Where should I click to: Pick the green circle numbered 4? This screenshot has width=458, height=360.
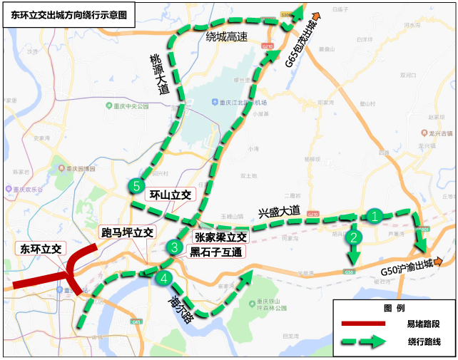[165, 278]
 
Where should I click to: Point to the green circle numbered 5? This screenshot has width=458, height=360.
[137, 186]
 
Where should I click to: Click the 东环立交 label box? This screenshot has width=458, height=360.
[39, 250]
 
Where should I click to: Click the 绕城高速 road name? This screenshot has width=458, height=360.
[226, 36]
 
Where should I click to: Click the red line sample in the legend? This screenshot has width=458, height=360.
[363, 324]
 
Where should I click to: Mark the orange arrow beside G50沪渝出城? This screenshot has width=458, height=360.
[446, 261]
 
